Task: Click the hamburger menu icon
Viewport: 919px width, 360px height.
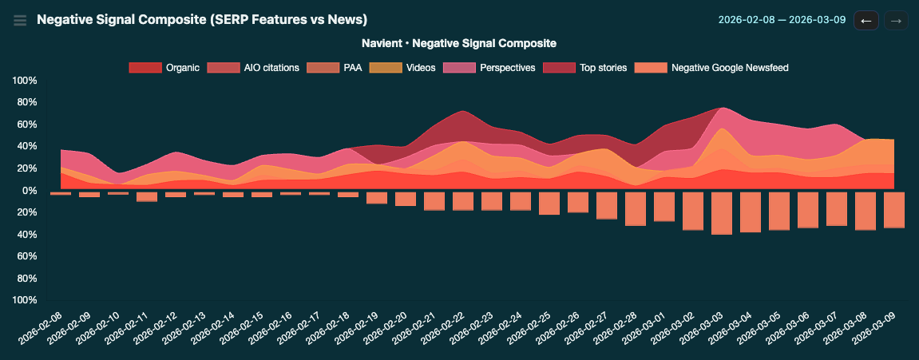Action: pos(20,20)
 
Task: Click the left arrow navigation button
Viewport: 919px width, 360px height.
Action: pos(866,20)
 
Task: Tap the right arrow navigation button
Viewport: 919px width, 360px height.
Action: pos(896,20)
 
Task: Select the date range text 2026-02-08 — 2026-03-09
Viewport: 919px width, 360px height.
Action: pos(782,20)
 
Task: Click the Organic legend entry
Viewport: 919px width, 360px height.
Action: pos(164,68)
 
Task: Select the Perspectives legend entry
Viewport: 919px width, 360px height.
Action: pos(490,68)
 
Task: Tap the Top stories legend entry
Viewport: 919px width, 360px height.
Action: pos(585,68)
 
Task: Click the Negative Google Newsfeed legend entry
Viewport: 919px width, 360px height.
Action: pos(712,68)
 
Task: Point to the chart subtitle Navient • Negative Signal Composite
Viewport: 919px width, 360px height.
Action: pos(459,43)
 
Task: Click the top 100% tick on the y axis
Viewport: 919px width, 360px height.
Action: pos(23,81)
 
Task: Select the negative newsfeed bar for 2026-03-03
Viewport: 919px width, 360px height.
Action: pos(722,213)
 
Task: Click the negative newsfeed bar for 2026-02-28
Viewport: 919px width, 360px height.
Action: pos(636,209)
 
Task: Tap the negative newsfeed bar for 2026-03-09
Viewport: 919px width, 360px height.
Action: pos(894,210)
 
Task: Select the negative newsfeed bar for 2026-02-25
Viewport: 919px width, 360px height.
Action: pos(549,204)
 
